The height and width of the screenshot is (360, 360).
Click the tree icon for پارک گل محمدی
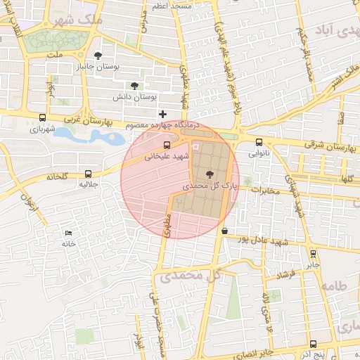(x=210, y=174)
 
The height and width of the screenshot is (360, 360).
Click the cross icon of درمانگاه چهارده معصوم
(x=163, y=114)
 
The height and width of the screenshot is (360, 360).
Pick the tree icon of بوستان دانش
(x=135, y=84)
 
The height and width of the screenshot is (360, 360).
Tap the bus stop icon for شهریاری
(x=44, y=118)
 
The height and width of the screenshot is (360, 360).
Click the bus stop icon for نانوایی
(x=259, y=141)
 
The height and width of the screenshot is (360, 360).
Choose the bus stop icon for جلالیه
(x=88, y=173)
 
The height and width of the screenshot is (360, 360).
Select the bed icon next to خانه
(x=68, y=232)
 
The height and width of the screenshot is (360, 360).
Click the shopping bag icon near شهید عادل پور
(x=224, y=231)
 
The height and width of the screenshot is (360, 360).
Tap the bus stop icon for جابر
(x=313, y=254)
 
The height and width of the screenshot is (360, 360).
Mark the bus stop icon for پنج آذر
(x=313, y=344)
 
